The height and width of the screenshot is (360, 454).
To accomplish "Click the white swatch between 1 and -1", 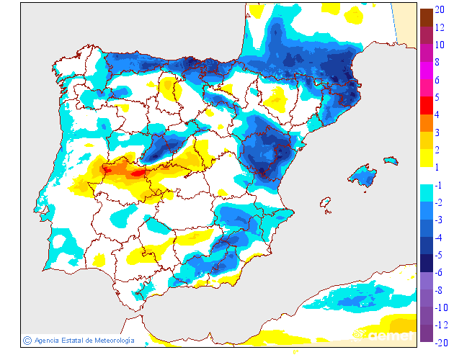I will tap(426, 176).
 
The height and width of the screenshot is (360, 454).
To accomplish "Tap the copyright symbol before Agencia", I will tap(27, 340).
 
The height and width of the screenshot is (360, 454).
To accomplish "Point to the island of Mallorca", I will tap(363, 175).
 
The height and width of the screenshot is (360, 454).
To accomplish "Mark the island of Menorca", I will tap(390, 160).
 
